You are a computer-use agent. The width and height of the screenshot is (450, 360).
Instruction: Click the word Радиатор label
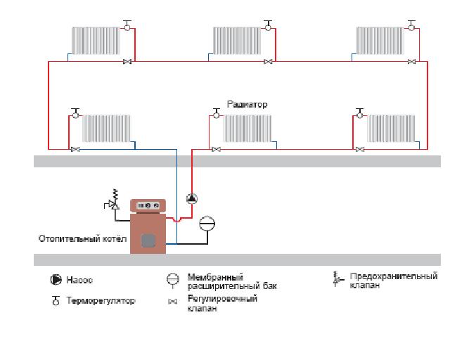pos(247,104)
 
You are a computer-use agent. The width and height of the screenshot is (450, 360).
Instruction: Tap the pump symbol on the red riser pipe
pos(191,198)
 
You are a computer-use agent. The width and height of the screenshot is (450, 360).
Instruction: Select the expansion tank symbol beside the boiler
pos(207,224)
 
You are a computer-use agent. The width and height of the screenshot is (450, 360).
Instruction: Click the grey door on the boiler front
pos(148,240)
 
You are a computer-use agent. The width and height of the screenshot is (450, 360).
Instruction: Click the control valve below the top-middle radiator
pos(268,62)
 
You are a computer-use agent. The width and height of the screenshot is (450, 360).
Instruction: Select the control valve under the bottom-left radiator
pos(75,149)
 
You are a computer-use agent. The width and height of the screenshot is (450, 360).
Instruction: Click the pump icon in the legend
pos(55,280)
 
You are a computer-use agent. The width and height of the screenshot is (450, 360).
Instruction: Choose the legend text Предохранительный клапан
pos(393,281)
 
